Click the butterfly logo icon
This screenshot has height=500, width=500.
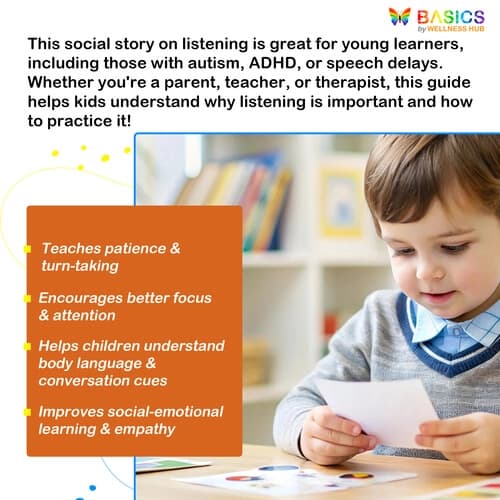click(399, 17)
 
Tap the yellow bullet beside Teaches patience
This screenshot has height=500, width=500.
click(32, 248)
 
